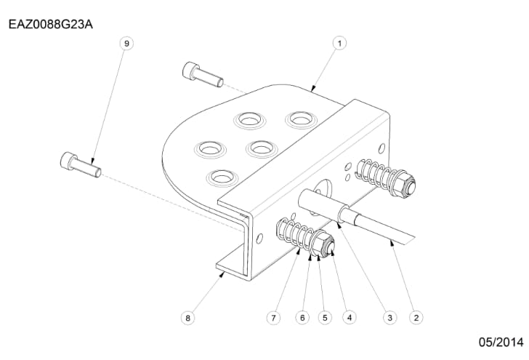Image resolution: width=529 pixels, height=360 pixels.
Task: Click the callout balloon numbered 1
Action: coord(339,43)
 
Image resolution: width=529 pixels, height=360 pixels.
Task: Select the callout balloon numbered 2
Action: coord(416,317)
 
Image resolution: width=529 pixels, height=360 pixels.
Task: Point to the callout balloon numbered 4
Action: coord(350,317)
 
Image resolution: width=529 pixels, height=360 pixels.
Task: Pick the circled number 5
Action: coord(325,317)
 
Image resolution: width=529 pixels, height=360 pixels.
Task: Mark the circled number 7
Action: coord(274,317)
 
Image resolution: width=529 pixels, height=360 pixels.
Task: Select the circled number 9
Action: coord(126,43)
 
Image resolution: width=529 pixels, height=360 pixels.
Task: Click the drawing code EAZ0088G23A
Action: coord(51,24)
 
